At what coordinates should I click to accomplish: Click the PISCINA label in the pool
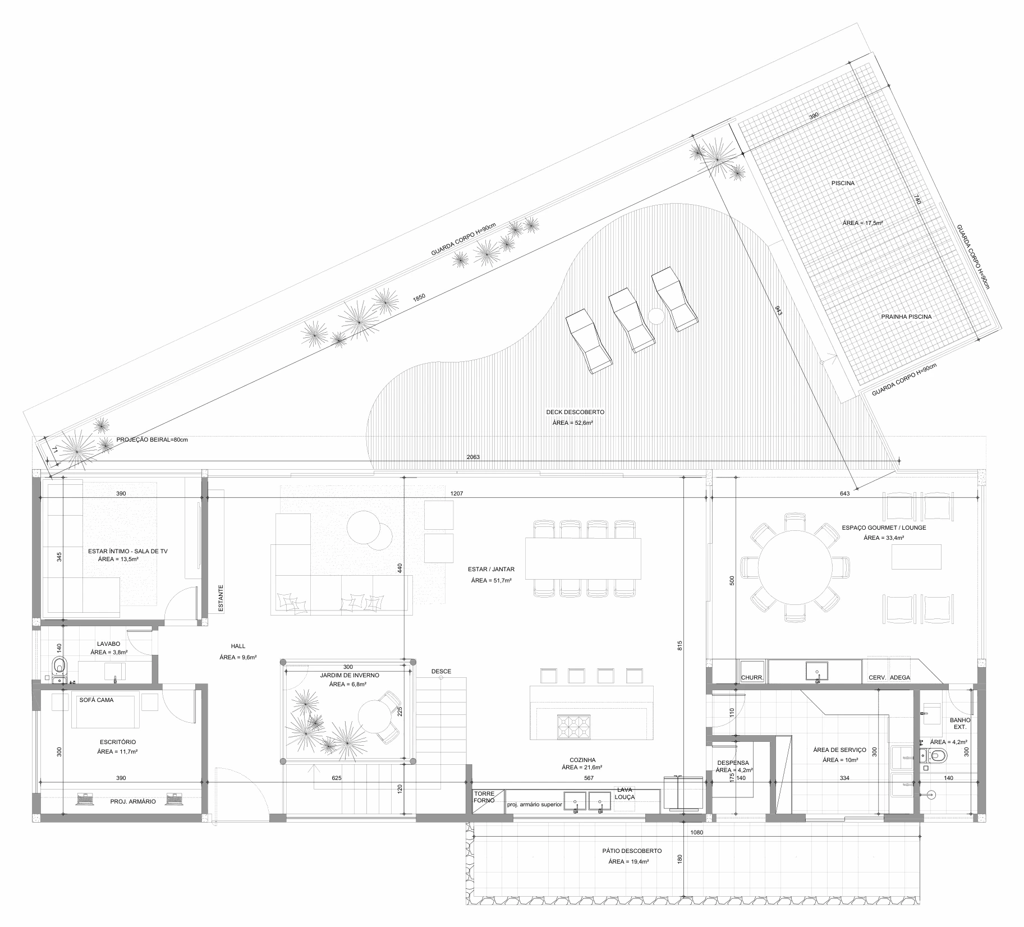click(843, 183)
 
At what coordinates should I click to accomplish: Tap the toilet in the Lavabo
click(58, 666)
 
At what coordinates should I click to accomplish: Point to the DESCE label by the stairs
click(441, 671)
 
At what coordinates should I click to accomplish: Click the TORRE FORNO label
click(484, 797)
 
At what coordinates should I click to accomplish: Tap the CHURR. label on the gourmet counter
click(752, 677)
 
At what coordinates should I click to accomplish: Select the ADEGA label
click(900, 677)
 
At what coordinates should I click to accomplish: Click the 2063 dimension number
click(473, 457)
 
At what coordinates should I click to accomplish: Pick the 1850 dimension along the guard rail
click(419, 299)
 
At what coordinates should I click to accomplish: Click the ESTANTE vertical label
click(221, 598)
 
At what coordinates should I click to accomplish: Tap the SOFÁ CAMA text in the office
click(97, 700)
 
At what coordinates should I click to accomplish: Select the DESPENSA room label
click(733, 763)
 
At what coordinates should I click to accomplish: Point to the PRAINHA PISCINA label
click(906, 316)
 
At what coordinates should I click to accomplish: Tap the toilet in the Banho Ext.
click(936, 755)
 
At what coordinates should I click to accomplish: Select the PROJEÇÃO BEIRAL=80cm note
click(151, 440)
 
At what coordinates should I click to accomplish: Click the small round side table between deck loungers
click(656, 316)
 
